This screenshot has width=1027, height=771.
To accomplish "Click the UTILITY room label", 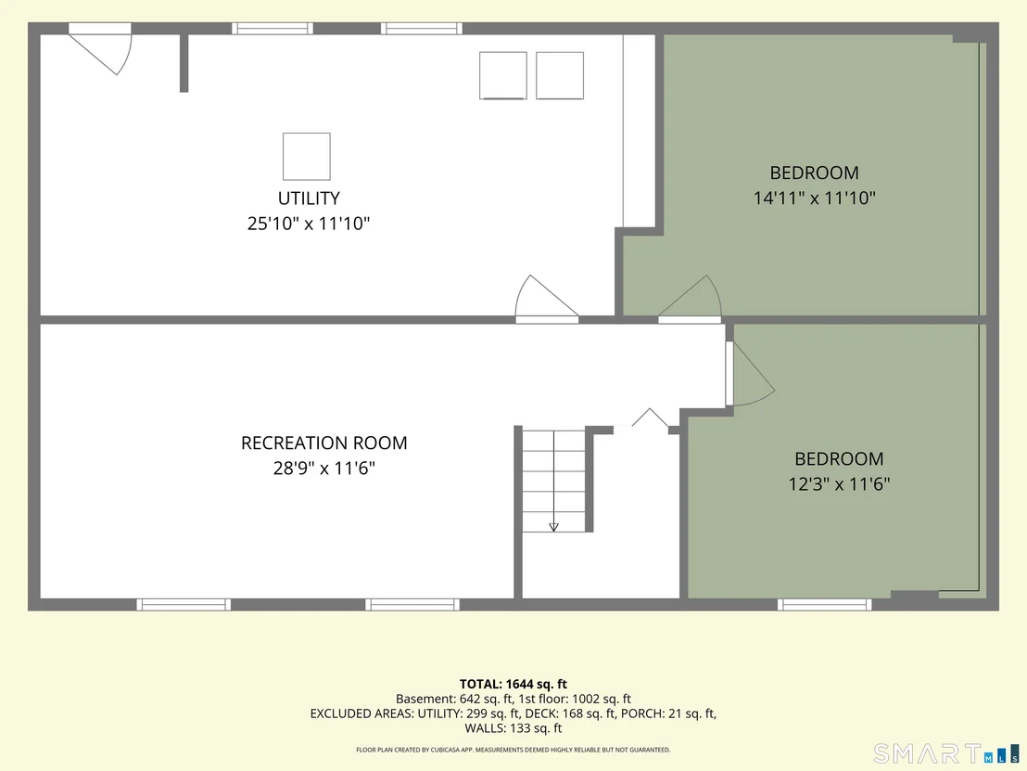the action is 309,198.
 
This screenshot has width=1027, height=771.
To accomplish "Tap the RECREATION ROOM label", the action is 324,443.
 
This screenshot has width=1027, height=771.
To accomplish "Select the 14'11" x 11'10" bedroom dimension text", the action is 814,198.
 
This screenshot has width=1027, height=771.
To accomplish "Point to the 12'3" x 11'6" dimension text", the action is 839,483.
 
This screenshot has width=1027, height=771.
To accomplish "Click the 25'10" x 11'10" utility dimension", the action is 309,224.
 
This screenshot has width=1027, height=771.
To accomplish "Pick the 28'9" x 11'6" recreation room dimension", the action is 324,469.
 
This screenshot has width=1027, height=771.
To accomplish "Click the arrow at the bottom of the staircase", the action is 553,526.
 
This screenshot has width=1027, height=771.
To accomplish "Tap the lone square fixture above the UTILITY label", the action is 307,156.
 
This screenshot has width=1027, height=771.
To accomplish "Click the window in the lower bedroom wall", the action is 825,605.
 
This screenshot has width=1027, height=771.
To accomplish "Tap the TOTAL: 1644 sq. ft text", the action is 513,685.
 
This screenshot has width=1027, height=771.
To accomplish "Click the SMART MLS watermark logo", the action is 946,753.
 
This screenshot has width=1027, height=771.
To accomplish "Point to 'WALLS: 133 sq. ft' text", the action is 513,727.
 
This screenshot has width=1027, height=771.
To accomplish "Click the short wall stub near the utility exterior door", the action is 184,63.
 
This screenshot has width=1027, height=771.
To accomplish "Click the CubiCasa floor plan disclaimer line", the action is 513,750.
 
